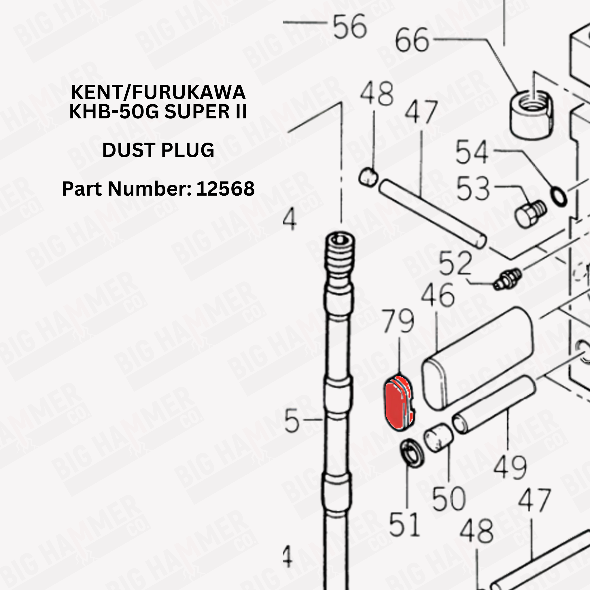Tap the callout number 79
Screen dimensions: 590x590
point(398,321)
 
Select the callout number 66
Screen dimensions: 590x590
point(412,40)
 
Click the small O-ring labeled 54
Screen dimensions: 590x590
point(559,197)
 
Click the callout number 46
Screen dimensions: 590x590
point(438,295)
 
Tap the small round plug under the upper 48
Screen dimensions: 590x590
point(368,177)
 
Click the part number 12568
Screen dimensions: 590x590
point(225,188)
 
